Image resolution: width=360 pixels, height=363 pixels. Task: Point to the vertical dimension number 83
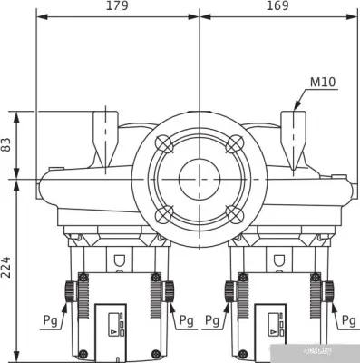pos(8,143)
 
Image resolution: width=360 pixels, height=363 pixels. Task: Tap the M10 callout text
pos(323,83)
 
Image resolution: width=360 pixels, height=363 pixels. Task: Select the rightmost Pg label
pos(348,320)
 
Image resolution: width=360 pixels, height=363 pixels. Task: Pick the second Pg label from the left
pos(186,320)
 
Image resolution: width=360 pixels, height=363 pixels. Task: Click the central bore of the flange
pos(199,179)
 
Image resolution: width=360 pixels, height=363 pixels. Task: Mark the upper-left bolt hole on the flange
pos(163,143)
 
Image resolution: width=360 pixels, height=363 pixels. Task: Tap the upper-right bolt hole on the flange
pos(234,143)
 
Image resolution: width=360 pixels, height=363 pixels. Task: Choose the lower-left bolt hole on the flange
pos(163,214)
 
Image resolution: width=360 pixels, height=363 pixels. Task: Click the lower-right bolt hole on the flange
pos(234,214)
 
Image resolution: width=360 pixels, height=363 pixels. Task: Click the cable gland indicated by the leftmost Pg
pos(69,291)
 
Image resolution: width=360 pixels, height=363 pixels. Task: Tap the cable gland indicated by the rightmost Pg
pos(328,291)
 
